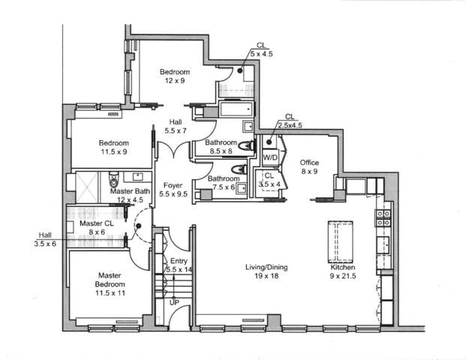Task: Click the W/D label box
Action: point(269,158)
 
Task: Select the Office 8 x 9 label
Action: point(310,166)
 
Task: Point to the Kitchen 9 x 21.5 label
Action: point(343,271)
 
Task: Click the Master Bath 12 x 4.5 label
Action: point(129,195)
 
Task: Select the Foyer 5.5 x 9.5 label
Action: point(173,189)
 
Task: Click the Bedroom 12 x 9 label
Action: point(174,76)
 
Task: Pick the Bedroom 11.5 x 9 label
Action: point(114,147)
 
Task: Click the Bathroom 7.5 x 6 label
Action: point(224,183)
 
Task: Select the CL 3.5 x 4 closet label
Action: point(269,179)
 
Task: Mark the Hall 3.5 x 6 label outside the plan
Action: point(45,238)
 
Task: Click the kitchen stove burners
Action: point(382,217)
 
